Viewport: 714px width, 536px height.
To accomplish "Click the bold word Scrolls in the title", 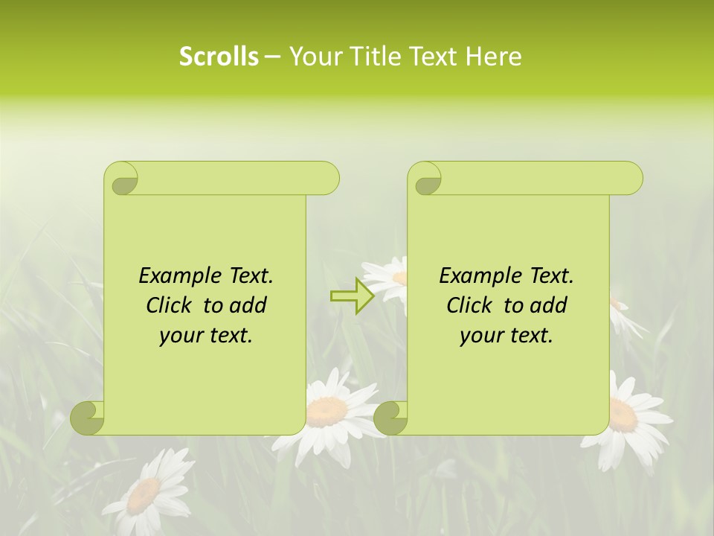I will [219, 57].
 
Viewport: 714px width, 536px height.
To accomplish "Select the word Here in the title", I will [493, 57].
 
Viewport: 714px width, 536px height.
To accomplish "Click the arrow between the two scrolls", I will [353, 296].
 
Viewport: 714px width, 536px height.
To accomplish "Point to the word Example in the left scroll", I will [176, 275].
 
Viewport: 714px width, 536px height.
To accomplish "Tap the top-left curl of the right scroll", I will [425, 179].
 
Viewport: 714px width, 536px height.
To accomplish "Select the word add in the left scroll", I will [248, 305].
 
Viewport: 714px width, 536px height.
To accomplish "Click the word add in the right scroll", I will [549, 305].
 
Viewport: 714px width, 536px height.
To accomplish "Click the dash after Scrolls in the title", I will [272, 57].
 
